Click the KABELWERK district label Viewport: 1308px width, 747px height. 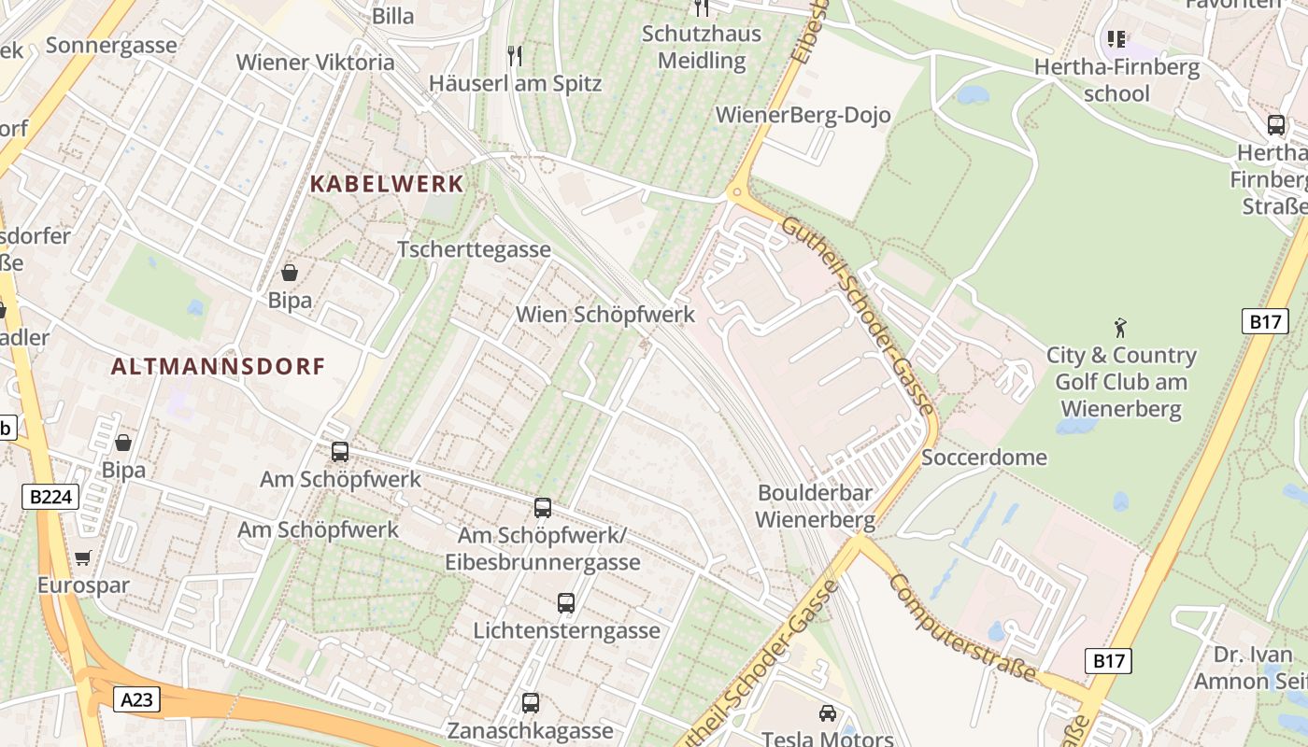(x=387, y=184)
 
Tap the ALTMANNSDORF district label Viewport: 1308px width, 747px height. (x=219, y=366)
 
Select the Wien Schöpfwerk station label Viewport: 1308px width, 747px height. (x=605, y=315)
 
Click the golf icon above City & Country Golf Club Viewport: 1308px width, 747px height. (x=1120, y=328)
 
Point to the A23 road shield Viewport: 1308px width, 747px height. (x=136, y=699)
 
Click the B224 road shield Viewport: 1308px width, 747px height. (x=50, y=497)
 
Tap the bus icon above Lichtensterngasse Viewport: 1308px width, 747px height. (x=566, y=603)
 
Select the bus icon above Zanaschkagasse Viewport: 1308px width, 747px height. (x=531, y=703)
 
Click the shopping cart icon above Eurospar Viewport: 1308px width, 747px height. (x=83, y=558)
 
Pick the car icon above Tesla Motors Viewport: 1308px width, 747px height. (x=827, y=713)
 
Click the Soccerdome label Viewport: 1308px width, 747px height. (x=984, y=458)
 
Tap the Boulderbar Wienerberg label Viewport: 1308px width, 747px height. (x=815, y=506)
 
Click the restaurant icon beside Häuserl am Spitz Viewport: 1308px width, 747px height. (x=514, y=56)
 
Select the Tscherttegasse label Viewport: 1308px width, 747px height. (x=474, y=250)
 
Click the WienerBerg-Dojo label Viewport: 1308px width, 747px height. (x=803, y=116)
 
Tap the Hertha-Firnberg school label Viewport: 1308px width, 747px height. (x=1116, y=80)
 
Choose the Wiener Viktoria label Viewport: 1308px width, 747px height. (x=315, y=63)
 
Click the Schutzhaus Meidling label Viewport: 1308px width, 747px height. (x=702, y=48)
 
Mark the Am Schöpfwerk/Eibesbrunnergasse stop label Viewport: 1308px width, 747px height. (x=542, y=549)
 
